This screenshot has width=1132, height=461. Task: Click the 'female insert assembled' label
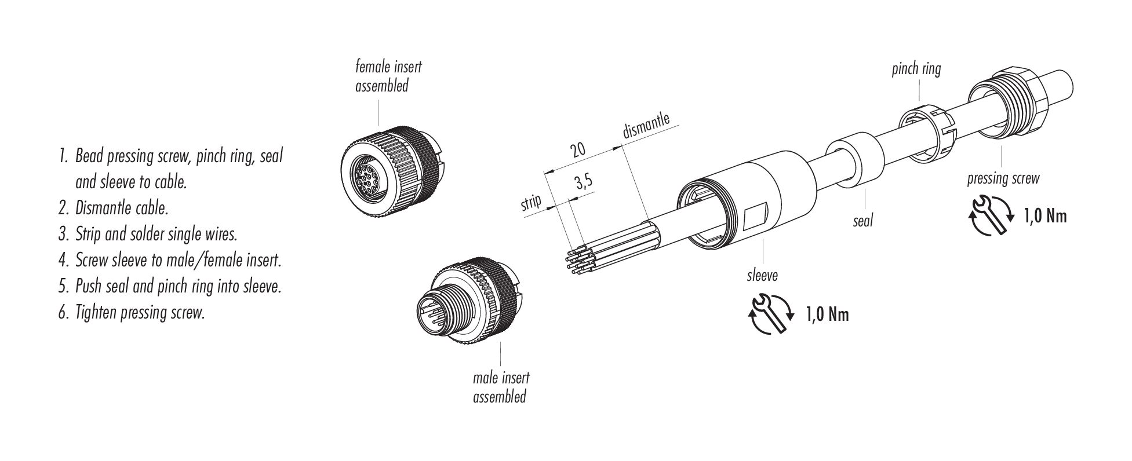point(388,76)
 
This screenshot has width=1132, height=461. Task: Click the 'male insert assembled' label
point(500,387)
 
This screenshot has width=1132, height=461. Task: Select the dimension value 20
point(577,150)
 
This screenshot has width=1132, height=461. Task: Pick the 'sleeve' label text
point(762,275)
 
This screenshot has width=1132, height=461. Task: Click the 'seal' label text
point(862,220)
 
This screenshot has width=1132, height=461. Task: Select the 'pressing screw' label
point(1003,178)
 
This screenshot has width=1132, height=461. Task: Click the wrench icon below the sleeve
point(770,314)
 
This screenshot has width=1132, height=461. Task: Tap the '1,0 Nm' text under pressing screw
point(1044,217)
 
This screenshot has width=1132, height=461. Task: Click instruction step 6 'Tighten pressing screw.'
point(132,313)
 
